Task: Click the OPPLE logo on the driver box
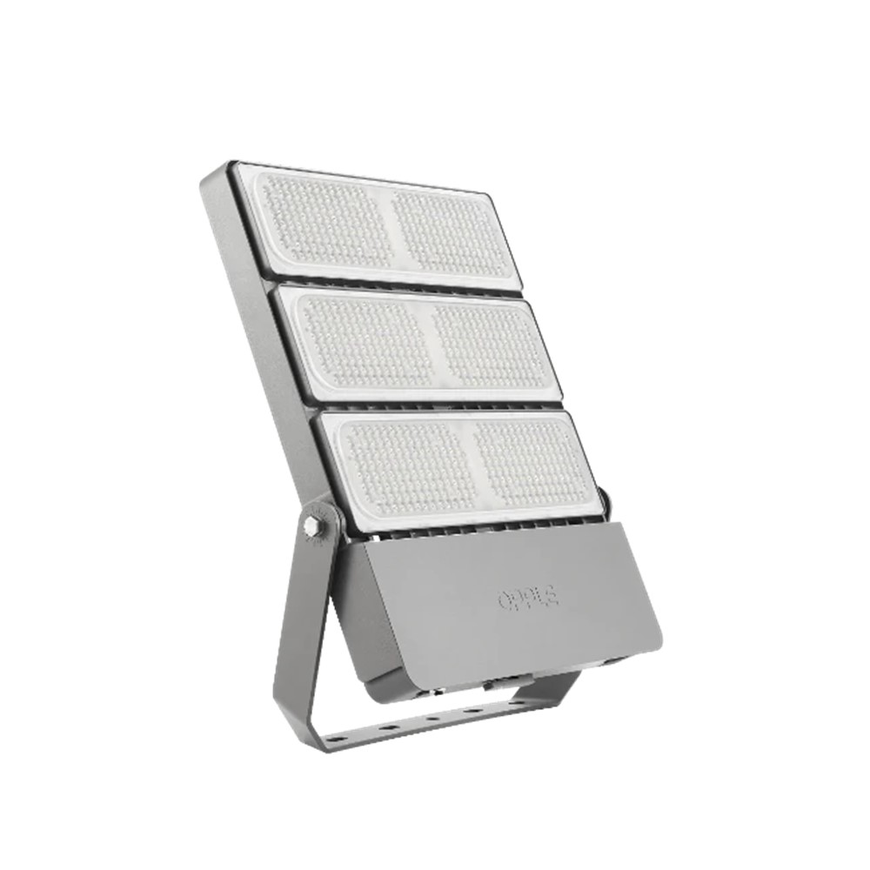coord(528,598)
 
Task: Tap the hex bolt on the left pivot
coord(311,527)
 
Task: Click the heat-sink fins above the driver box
coord(470,525)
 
